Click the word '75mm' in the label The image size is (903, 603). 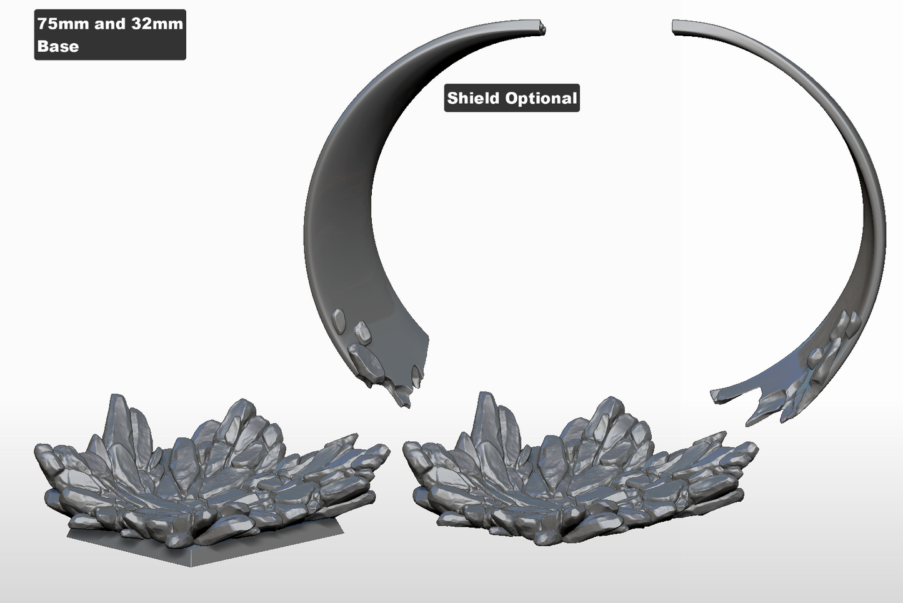pyautogui.click(x=63, y=24)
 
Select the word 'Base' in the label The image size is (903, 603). pyautogui.click(x=58, y=46)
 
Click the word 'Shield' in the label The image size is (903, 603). pyautogui.click(x=473, y=98)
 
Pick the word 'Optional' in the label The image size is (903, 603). pyautogui.click(x=541, y=99)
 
